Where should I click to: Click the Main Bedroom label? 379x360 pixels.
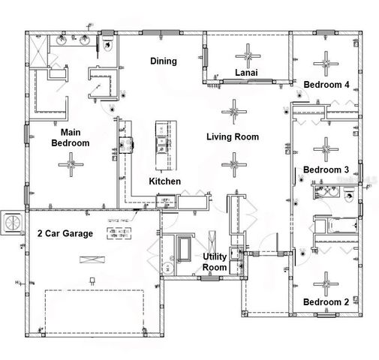coord(70,137)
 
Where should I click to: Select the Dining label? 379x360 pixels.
coord(163,61)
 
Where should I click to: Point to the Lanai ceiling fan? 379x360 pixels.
coord(247,54)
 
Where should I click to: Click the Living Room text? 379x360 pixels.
coord(233,136)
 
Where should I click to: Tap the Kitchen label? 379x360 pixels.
coord(164,182)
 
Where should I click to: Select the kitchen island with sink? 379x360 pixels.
coord(161,144)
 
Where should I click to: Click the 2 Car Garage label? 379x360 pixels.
coord(65,234)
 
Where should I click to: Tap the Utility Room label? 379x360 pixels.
coord(215,262)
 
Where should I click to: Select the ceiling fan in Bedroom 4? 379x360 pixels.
coord(326,59)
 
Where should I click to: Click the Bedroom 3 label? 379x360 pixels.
coord(326,170)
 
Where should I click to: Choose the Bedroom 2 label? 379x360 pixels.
coord(326,301)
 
